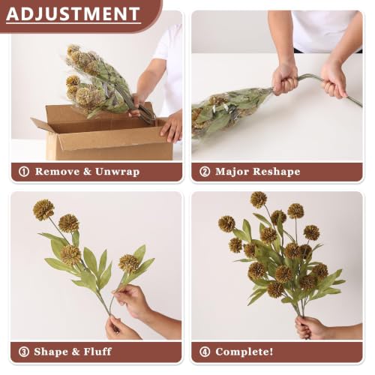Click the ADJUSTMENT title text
(x=73, y=13)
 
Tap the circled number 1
(x=24, y=172)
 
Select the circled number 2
(x=205, y=172)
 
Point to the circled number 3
(x=24, y=352)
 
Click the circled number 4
(x=205, y=352)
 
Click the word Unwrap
(x=117, y=172)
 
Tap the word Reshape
(x=276, y=172)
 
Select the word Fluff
(x=97, y=352)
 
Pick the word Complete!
(x=244, y=352)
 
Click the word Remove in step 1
(x=57, y=172)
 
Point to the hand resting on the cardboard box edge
(x=172, y=127)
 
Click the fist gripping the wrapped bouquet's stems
(x=284, y=79)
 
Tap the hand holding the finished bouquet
(x=310, y=328)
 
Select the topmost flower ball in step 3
(x=43, y=210)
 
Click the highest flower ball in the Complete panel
(x=259, y=199)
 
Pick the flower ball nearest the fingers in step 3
(x=129, y=263)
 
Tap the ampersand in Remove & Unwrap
(x=87, y=172)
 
